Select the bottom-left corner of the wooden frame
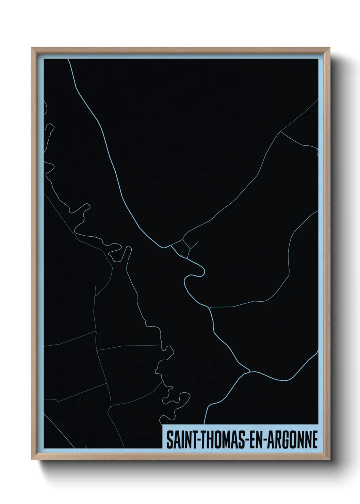point(32,460)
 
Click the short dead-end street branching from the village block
point(194,245)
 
